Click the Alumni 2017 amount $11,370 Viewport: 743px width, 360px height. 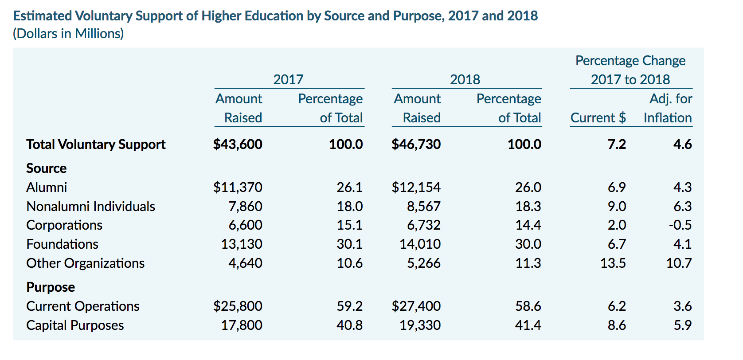pyautogui.click(x=238, y=188)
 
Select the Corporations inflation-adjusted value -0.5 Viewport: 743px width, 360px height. pyautogui.click(x=680, y=225)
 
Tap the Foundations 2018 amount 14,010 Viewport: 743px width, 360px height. pyautogui.click(x=420, y=244)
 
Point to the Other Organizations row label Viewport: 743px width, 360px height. pyautogui.click(x=85, y=263)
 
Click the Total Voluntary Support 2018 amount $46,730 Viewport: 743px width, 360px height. pyautogui.click(x=416, y=145)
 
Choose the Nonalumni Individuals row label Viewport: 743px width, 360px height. pyautogui.click(x=90, y=206)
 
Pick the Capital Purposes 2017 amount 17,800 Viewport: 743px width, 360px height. pyautogui.click(x=242, y=325)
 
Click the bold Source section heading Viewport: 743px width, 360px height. pyautogui.click(x=47, y=168)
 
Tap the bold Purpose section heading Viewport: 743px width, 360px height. pyautogui.click(x=51, y=287)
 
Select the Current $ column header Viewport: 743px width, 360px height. pyautogui.click(x=598, y=118)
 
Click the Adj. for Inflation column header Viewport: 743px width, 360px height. pyautogui.click(x=668, y=108)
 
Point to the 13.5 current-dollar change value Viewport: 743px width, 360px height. pyautogui.click(x=613, y=263)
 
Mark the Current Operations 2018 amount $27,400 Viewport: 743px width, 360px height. pyautogui.click(x=416, y=306)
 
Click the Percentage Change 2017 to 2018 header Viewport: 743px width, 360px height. pyautogui.click(x=630, y=70)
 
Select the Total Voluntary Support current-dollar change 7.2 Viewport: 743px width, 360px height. pyautogui.click(x=617, y=145)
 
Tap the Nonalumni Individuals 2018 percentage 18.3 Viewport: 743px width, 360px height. pyautogui.click(x=528, y=206)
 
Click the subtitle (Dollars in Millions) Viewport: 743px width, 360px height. pyautogui.click(x=68, y=34)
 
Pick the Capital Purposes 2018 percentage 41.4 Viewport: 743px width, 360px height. pyautogui.click(x=528, y=325)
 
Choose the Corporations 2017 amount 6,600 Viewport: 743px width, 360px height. pyautogui.click(x=246, y=225)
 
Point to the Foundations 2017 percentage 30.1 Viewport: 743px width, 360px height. pyautogui.click(x=350, y=244)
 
